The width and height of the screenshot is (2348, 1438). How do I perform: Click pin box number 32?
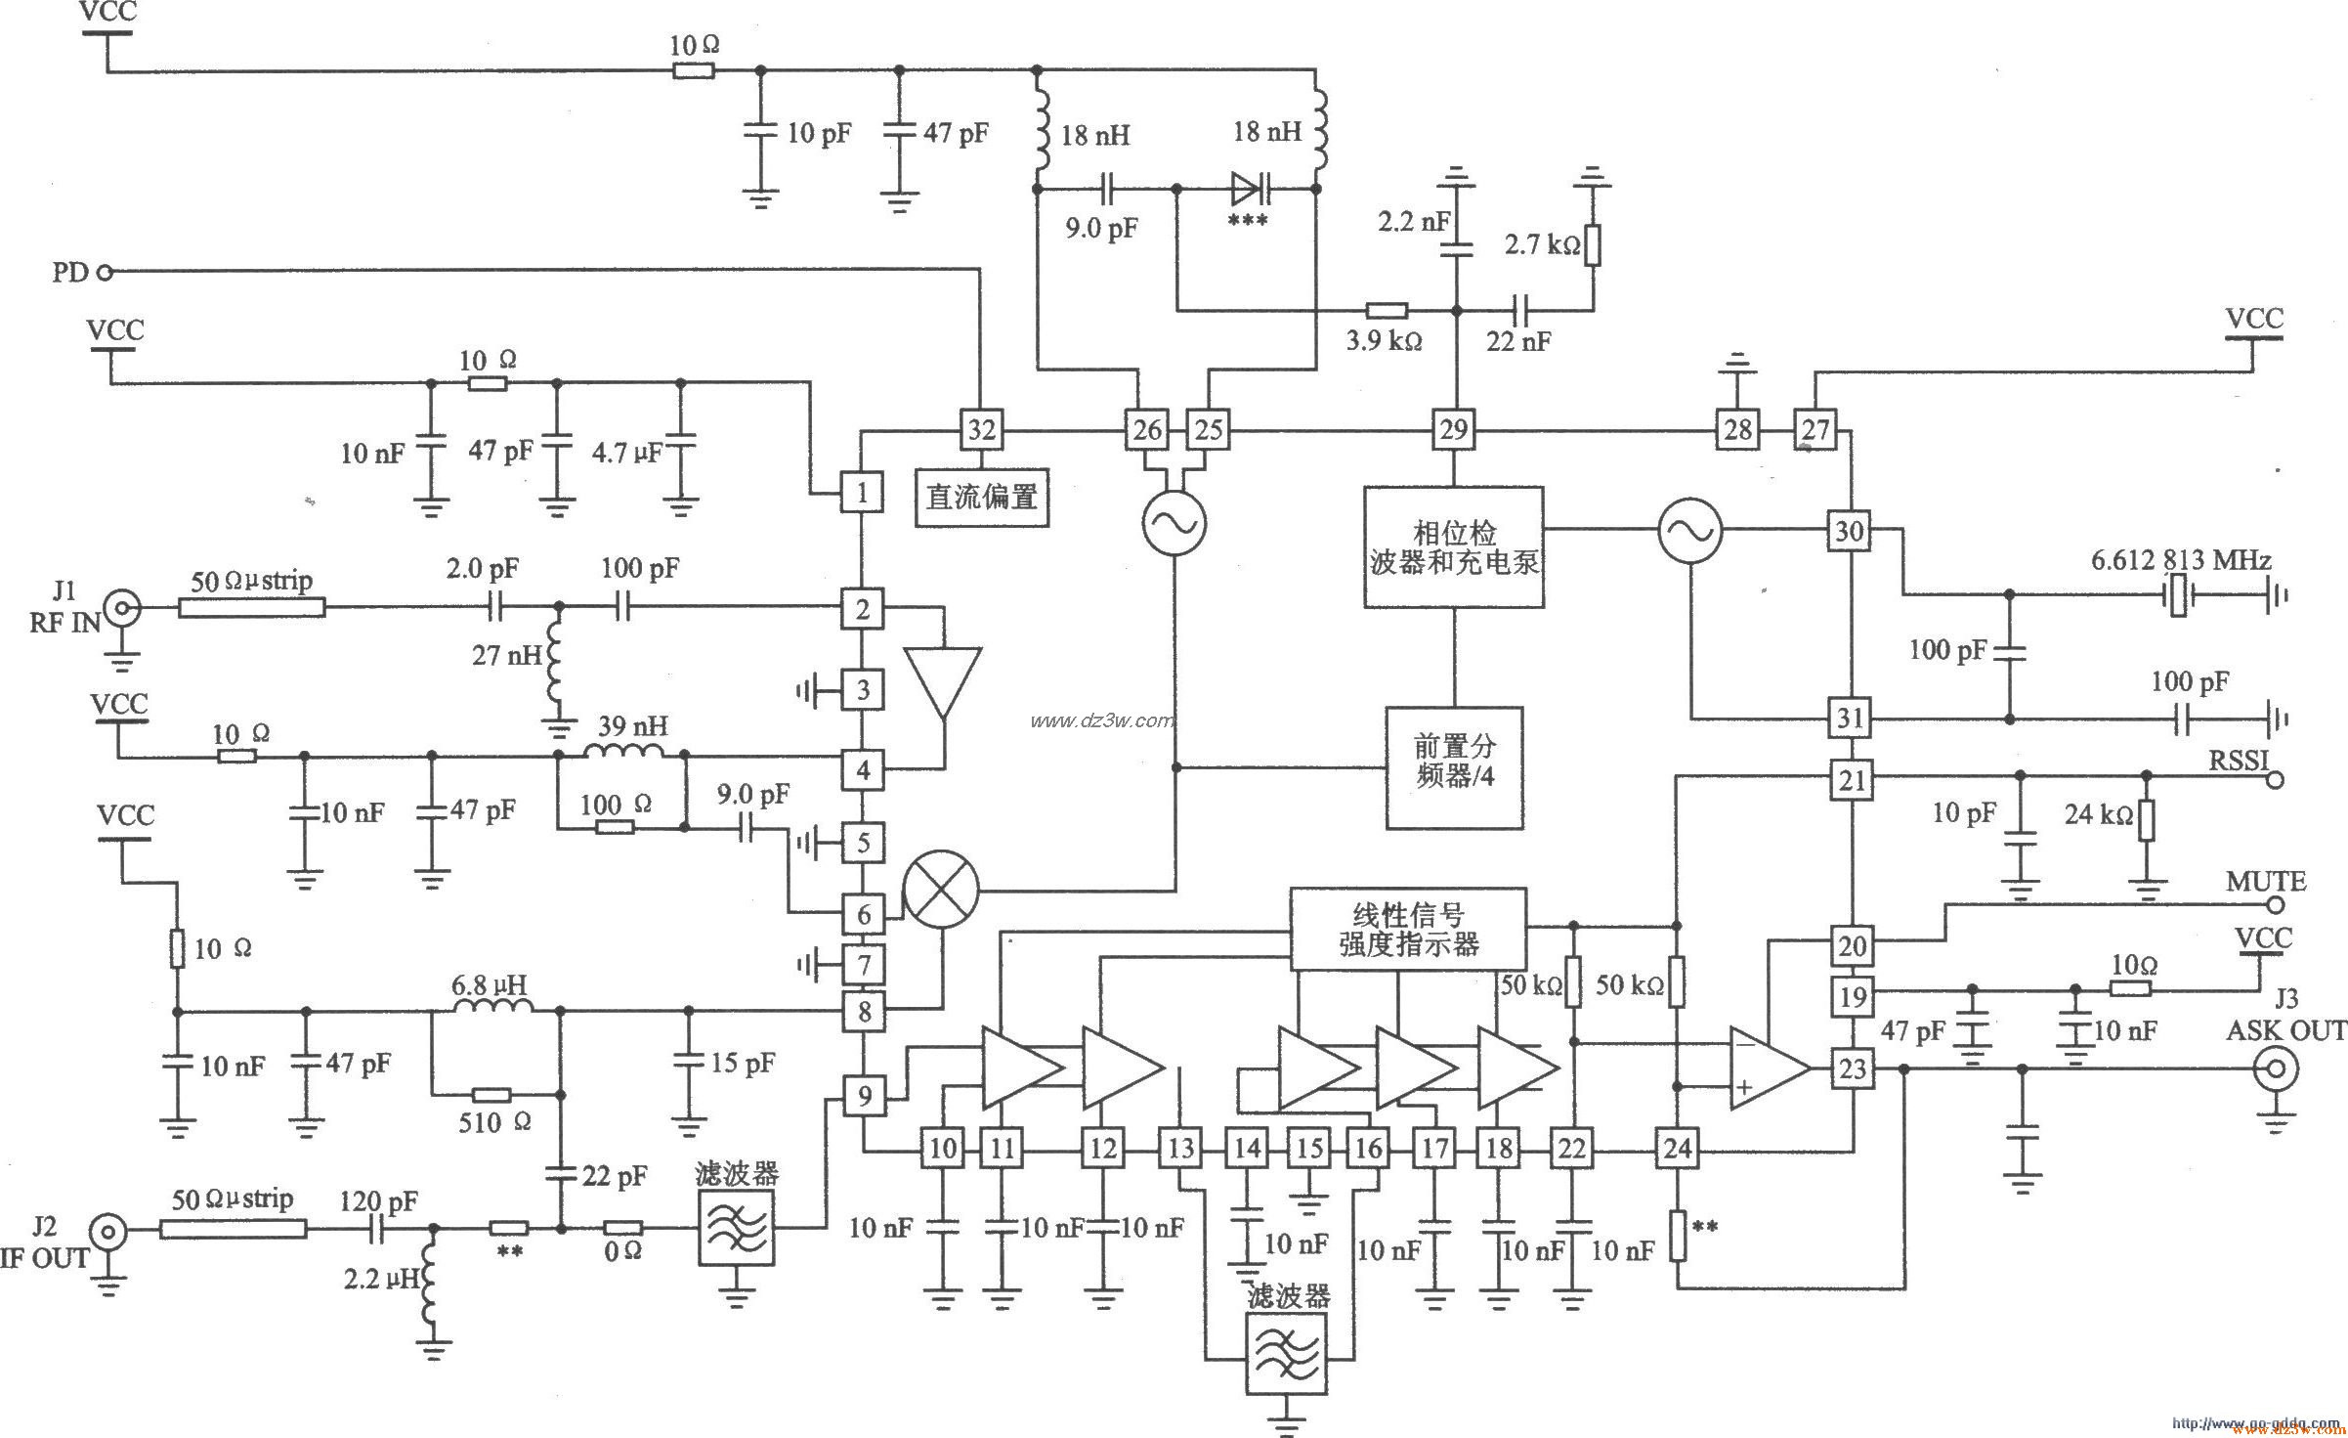point(981,430)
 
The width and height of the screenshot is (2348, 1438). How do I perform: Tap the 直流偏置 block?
point(982,497)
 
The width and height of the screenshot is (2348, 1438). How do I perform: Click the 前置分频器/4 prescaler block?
point(1454,767)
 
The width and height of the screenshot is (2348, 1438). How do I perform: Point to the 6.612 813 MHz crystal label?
point(2181,560)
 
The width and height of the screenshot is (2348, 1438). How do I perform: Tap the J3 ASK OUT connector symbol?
point(2276,1069)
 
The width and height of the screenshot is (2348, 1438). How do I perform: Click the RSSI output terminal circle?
point(2276,779)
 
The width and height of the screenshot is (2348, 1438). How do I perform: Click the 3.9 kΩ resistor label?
point(1384,341)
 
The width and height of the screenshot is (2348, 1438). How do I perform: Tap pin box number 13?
point(1180,1148)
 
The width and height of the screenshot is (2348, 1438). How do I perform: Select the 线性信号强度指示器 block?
point(1408,929)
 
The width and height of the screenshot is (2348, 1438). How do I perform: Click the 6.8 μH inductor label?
point(491,984)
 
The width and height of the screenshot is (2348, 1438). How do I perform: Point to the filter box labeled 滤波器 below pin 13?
point(1288,1353)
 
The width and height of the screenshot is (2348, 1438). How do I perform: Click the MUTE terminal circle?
point(2275,905)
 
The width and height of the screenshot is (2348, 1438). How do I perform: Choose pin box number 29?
point(1453,430)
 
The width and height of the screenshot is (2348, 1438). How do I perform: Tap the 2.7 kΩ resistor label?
point(1541,244)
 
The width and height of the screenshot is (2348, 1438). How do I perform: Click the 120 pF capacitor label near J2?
point(378,1200)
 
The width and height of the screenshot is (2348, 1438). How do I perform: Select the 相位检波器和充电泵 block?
point(1454,547)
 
